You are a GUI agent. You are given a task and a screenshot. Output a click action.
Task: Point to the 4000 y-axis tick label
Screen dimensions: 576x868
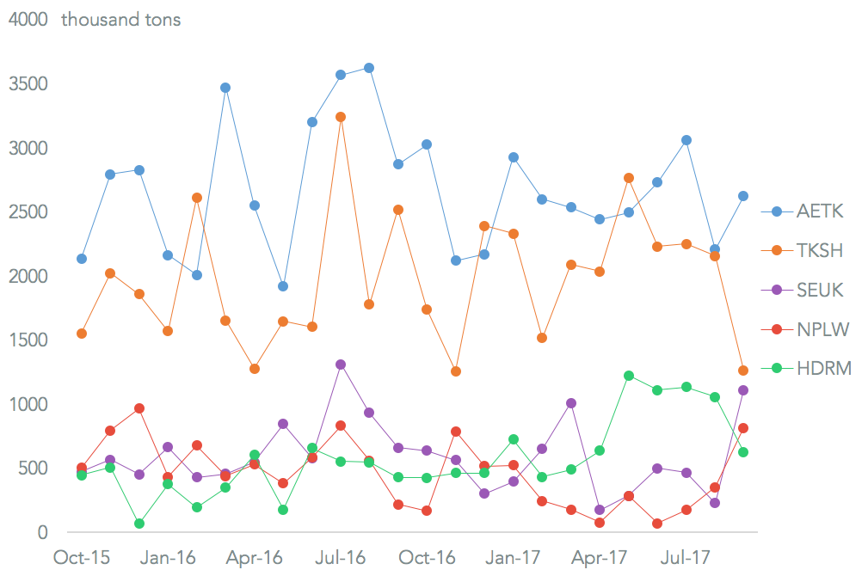[28, 20]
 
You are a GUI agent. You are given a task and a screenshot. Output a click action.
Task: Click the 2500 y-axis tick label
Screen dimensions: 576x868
[28, 212]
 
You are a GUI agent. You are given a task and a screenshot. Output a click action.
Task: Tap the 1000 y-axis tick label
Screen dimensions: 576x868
[28, 404]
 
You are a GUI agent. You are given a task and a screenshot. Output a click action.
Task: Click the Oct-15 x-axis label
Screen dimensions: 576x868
[82, 557]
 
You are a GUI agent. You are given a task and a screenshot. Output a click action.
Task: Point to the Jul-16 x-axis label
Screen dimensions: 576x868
[340, 557]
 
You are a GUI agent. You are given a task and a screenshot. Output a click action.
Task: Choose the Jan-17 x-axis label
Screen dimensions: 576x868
[514, 557]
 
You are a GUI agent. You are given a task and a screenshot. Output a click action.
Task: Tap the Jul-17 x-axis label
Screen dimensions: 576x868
[686, 557]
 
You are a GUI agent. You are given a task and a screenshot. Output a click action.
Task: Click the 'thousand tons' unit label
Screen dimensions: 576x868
[121, 20]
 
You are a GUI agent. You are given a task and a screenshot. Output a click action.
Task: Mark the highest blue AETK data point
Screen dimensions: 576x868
[369, 68]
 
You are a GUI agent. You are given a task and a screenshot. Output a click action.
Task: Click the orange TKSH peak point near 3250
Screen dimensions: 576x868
[341, 117]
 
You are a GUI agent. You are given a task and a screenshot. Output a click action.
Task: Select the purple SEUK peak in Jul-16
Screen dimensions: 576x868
[341, 365]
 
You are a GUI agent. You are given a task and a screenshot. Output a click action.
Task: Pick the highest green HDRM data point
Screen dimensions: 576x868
[629, 376]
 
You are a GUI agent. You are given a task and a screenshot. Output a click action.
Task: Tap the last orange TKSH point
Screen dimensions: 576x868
[743, 371]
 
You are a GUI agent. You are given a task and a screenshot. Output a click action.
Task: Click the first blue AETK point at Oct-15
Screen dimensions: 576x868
[82, 259]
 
